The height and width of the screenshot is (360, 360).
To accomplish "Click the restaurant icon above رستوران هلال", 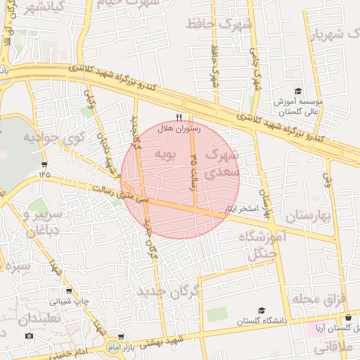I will click(179, 117).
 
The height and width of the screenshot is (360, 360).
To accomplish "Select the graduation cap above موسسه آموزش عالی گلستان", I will click(298, 91).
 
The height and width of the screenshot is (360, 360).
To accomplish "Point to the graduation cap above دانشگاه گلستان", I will click(262, 310).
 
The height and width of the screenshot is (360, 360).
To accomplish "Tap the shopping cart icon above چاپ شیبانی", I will click(68, 291).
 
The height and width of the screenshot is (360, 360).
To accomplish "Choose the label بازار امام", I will click(124, 348).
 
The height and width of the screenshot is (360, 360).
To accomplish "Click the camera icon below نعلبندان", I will click(29, 335).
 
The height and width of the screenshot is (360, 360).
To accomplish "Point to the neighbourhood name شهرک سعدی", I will click(223, 162).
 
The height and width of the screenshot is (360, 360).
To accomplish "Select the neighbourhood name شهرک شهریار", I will click(330, 34).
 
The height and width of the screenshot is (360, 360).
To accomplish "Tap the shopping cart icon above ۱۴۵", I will click(44, 165).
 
